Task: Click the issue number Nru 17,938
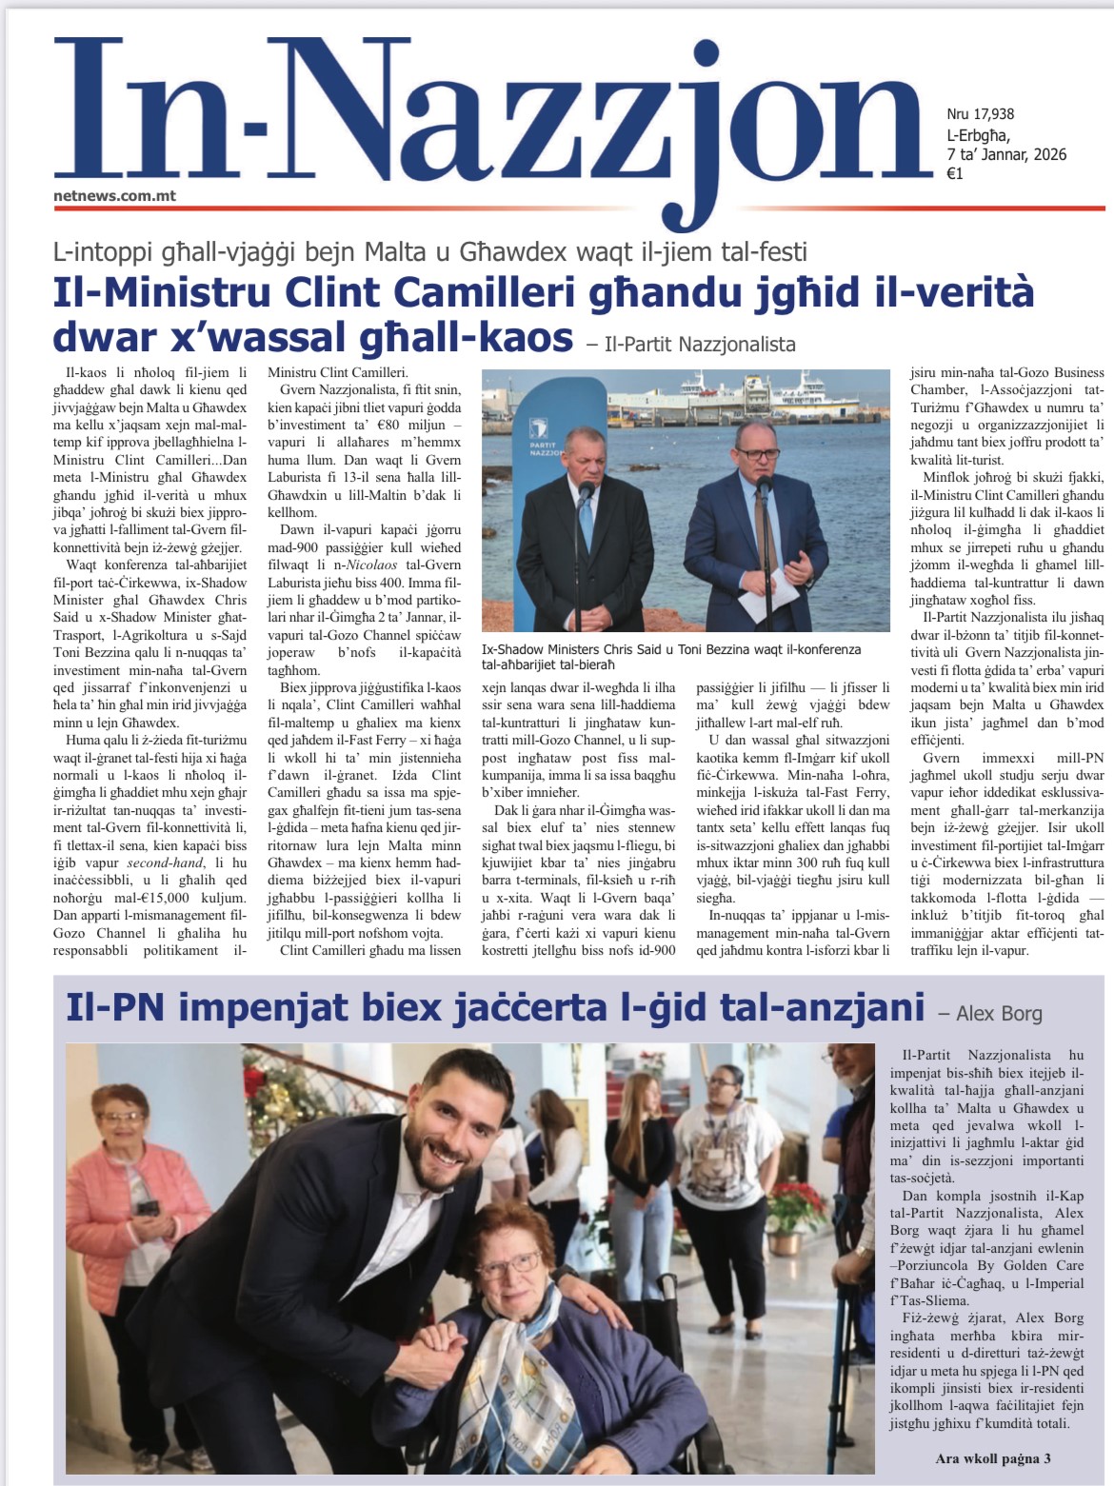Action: [980, 114]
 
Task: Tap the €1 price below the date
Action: [955, 173]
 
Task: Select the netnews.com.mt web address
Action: [114, 196]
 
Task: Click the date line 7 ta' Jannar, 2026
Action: [1006, 154]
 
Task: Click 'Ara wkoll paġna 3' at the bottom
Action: [993, 1457]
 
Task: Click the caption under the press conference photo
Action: [671, 656]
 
